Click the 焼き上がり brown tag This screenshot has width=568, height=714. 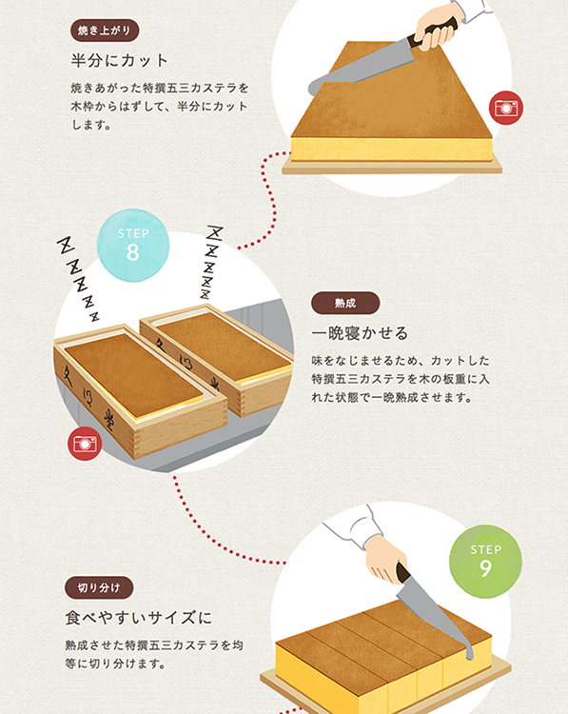[105, 30]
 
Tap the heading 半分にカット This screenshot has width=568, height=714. [120, 61]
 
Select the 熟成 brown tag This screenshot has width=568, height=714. [345, 304]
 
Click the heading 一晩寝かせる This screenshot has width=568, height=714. [360, 333]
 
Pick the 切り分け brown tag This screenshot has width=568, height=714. [99, 588]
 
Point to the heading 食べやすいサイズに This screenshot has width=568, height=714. [138, 618]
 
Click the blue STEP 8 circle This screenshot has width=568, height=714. [133, 245]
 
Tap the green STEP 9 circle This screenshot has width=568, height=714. [485, 561]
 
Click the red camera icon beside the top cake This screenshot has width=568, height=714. [506, 108]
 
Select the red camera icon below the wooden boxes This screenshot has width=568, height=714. [85, 444]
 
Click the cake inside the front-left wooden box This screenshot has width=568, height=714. [133, 376]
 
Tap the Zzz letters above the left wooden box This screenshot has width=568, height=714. [78, 278]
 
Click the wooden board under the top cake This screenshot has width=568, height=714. [391, 167]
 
